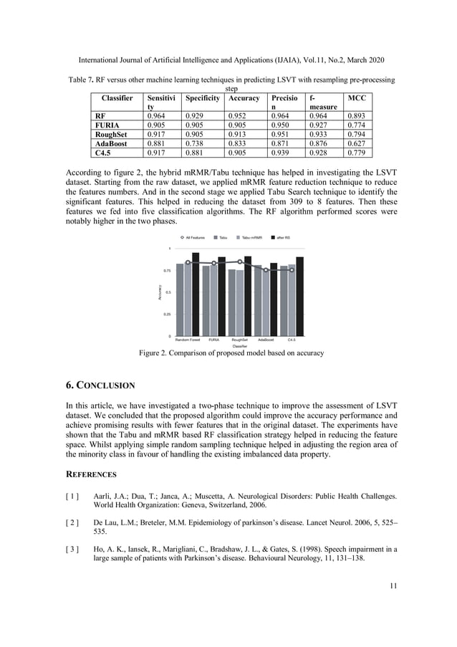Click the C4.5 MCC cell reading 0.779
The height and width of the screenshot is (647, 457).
[357, 152]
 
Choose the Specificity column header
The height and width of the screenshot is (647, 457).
[202, 97]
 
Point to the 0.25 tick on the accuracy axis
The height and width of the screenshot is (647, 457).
[166, 314]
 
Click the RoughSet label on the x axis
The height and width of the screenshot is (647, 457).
[240, 340]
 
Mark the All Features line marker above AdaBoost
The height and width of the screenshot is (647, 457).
[266, 270]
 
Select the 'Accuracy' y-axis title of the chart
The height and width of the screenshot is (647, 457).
[159, 292]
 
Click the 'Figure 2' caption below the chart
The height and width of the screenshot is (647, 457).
[231, 353]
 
